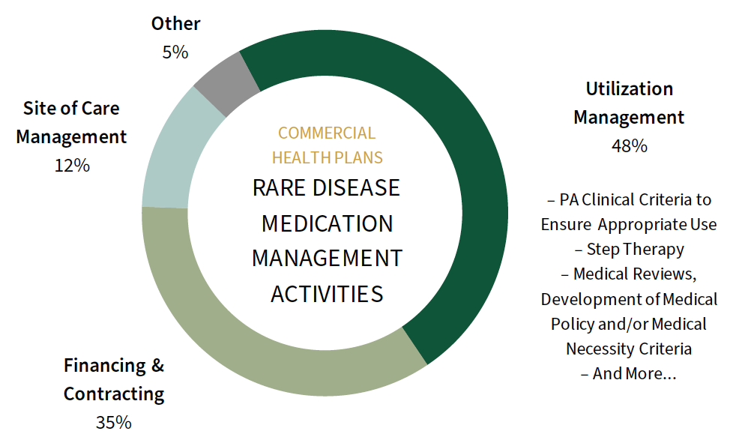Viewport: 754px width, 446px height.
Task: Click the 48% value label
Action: (629, 145)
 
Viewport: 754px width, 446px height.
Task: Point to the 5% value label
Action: (175, 52)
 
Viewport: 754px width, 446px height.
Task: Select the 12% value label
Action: (72, 166)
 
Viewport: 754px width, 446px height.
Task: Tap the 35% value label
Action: (113, 423)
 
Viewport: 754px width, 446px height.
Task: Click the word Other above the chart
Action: (175, 23)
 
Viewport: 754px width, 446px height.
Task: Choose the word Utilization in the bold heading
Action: (629, 89)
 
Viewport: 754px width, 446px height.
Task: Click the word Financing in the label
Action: (104, 366)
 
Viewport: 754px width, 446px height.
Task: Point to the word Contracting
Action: (114, 394)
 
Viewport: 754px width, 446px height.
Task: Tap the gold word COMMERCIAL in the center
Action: (327, 133)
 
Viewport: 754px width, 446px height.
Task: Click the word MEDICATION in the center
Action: (327, 223)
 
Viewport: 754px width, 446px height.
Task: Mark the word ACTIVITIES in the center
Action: (327, 294)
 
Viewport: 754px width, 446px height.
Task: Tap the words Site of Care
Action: (71, 109)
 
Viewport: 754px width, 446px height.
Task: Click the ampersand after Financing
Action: (157, 366)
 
